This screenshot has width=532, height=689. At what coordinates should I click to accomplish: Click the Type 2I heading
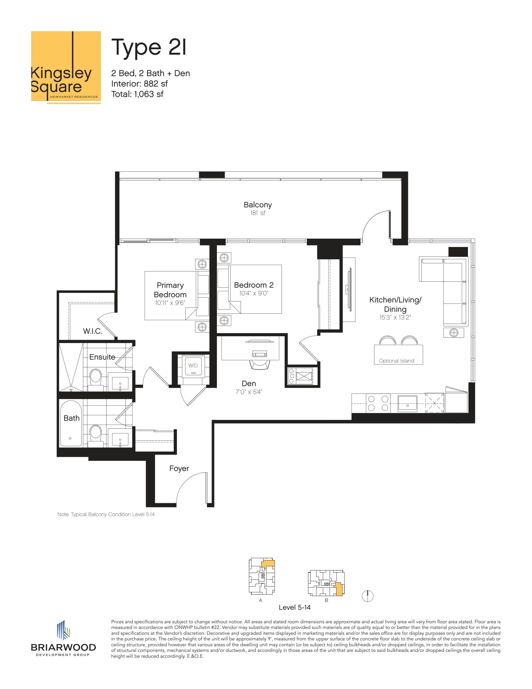[149, 47]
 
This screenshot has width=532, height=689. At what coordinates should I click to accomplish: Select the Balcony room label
[258, 205]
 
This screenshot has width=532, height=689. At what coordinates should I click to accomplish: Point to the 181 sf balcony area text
[258, 213]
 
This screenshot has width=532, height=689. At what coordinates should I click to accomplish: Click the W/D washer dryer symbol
[193, 366]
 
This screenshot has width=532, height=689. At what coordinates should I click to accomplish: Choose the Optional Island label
[396, 361]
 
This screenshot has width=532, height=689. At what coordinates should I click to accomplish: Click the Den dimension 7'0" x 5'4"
[249, 392]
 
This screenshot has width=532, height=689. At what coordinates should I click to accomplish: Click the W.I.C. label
[92, 331]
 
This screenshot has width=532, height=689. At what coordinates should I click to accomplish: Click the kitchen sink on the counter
[407, 403]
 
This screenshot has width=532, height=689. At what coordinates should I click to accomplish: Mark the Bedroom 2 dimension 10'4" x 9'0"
[253, 293]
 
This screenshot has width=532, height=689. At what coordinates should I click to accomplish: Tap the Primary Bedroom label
[170, 290]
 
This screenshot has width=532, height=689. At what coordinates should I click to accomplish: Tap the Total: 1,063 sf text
[137, 94]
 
